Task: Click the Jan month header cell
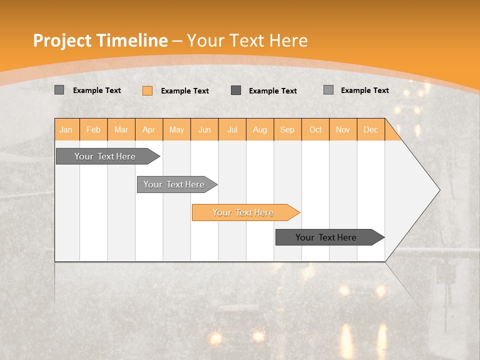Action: coord(66,129)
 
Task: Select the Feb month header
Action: coord(93,129)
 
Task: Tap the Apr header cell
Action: coord(149,129)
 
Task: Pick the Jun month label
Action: coord(204,129)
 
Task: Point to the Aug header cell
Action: coord(260,129)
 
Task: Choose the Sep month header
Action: coord(287,129)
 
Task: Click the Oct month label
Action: coord(315,129)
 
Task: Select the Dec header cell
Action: coord(371,129)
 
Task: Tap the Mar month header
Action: coord(121,129)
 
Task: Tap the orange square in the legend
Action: coord(147,90)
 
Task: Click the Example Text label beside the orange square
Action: coord(185,90)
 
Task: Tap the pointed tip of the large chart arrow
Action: coord(438,190)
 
